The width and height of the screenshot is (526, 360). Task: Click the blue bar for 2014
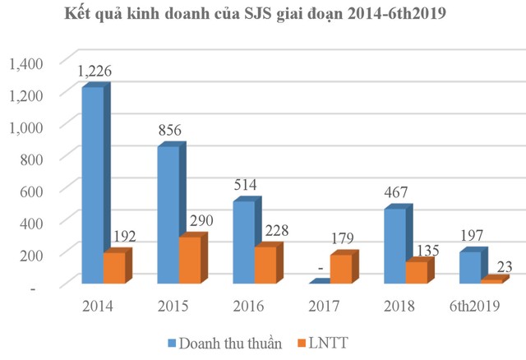pyautogui.click(x=92, y=185)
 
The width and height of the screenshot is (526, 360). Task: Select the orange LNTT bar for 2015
pyautogui.click(x=190, y=261)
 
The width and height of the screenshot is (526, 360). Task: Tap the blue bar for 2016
pyautogui.click(x=245, y=242)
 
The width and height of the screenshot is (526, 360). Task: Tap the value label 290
pyautogui.click(x=199, y=222)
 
